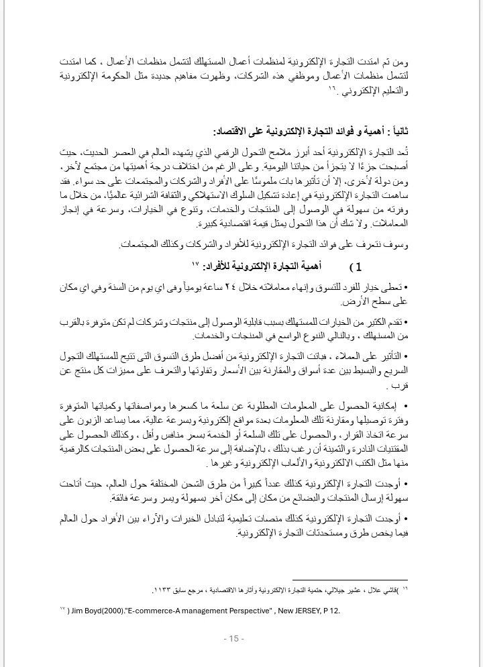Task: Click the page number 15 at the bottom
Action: pos(235,638)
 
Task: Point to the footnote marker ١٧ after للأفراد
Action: pos(195,264)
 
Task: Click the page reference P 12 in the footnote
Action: pos(331,611)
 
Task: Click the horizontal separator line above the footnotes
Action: pos(350,580)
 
